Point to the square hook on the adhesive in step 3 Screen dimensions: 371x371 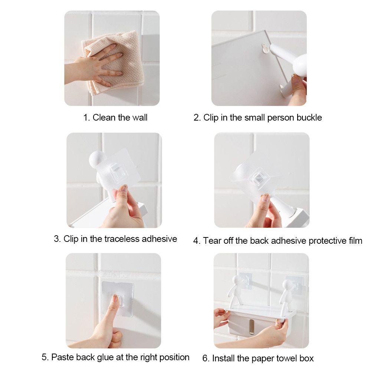pyautogui.click(x=119, y=173)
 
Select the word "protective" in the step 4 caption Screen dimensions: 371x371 pyautogui.click(x=327, y=241)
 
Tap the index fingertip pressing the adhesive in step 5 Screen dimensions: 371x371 pyautogui.click(x=115, y=299)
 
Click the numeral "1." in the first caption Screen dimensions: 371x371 pyautogui.click(x=86, y=118)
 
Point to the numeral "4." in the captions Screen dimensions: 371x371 pyautogui.click(x=197, y=241)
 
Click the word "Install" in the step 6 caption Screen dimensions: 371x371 pyautogui.click(x=223, y=358)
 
